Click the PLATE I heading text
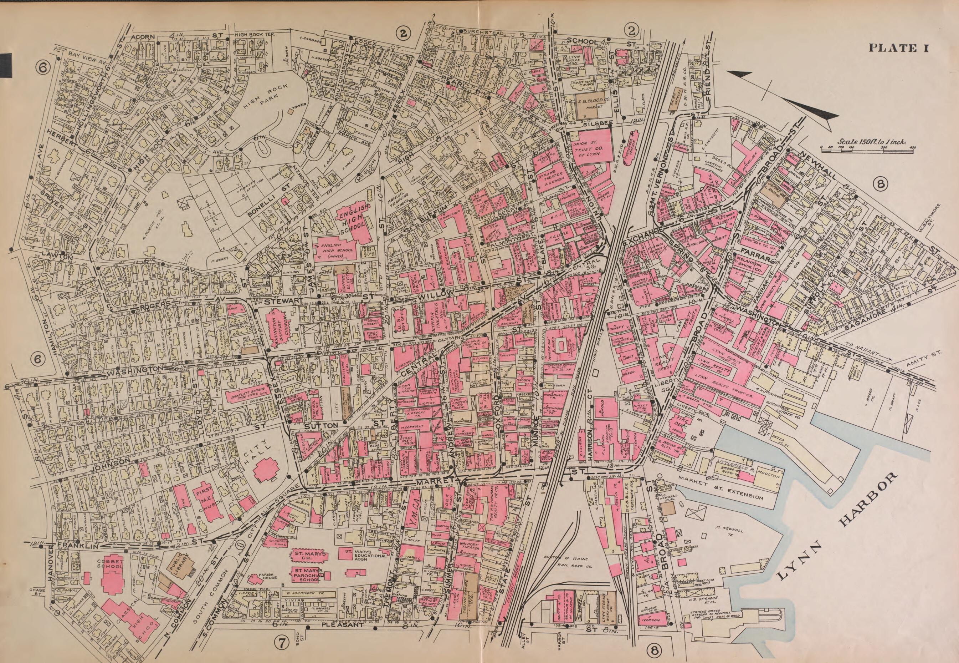898,48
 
